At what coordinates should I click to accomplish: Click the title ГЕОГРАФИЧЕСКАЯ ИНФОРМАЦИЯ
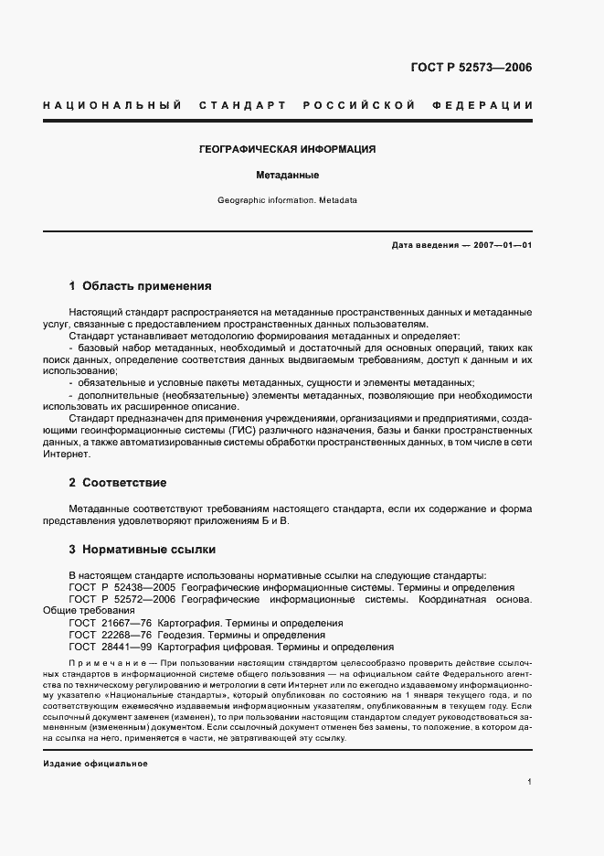click(x=288, y=149)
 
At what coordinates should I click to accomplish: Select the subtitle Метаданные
click(x=287, y=174)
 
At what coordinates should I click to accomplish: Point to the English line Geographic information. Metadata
click(x=287, y=199)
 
